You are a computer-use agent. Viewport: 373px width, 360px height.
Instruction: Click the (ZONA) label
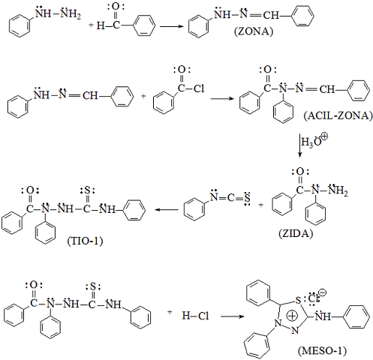point(254,31)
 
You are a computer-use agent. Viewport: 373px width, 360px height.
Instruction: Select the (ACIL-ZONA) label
point(338,115)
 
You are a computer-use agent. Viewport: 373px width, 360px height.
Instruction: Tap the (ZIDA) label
point(296,233)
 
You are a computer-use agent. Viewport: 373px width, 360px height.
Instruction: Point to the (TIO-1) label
point(85,241)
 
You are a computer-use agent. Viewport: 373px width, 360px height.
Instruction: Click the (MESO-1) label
point(322,351)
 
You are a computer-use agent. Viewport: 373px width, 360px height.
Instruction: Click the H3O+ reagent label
point(314,141)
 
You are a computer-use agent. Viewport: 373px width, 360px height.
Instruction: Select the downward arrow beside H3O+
point(299,145)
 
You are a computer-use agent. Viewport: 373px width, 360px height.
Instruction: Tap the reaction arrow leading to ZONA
point(172,26)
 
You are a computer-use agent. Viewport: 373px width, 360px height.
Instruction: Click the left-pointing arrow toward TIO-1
point(167,209)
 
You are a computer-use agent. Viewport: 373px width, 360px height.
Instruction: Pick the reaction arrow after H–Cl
point(232,316)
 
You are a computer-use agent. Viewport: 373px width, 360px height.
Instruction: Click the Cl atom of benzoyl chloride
point(199,88)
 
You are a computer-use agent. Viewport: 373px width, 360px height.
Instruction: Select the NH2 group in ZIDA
point(338,190)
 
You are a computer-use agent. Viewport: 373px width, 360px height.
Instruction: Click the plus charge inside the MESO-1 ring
point(292,316)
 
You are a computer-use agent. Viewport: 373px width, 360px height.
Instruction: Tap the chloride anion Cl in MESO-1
point(313,298)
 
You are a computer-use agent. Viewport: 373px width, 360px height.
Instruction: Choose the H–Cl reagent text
point(195,316)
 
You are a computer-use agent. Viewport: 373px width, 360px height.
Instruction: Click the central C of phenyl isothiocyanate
point(230,198)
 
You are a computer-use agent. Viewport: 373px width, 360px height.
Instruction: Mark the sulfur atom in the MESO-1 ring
point(298,300)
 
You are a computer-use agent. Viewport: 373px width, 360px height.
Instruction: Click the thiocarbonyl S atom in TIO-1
point(87,191)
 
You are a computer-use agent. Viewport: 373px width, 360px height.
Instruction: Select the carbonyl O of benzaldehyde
point(116,7)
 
